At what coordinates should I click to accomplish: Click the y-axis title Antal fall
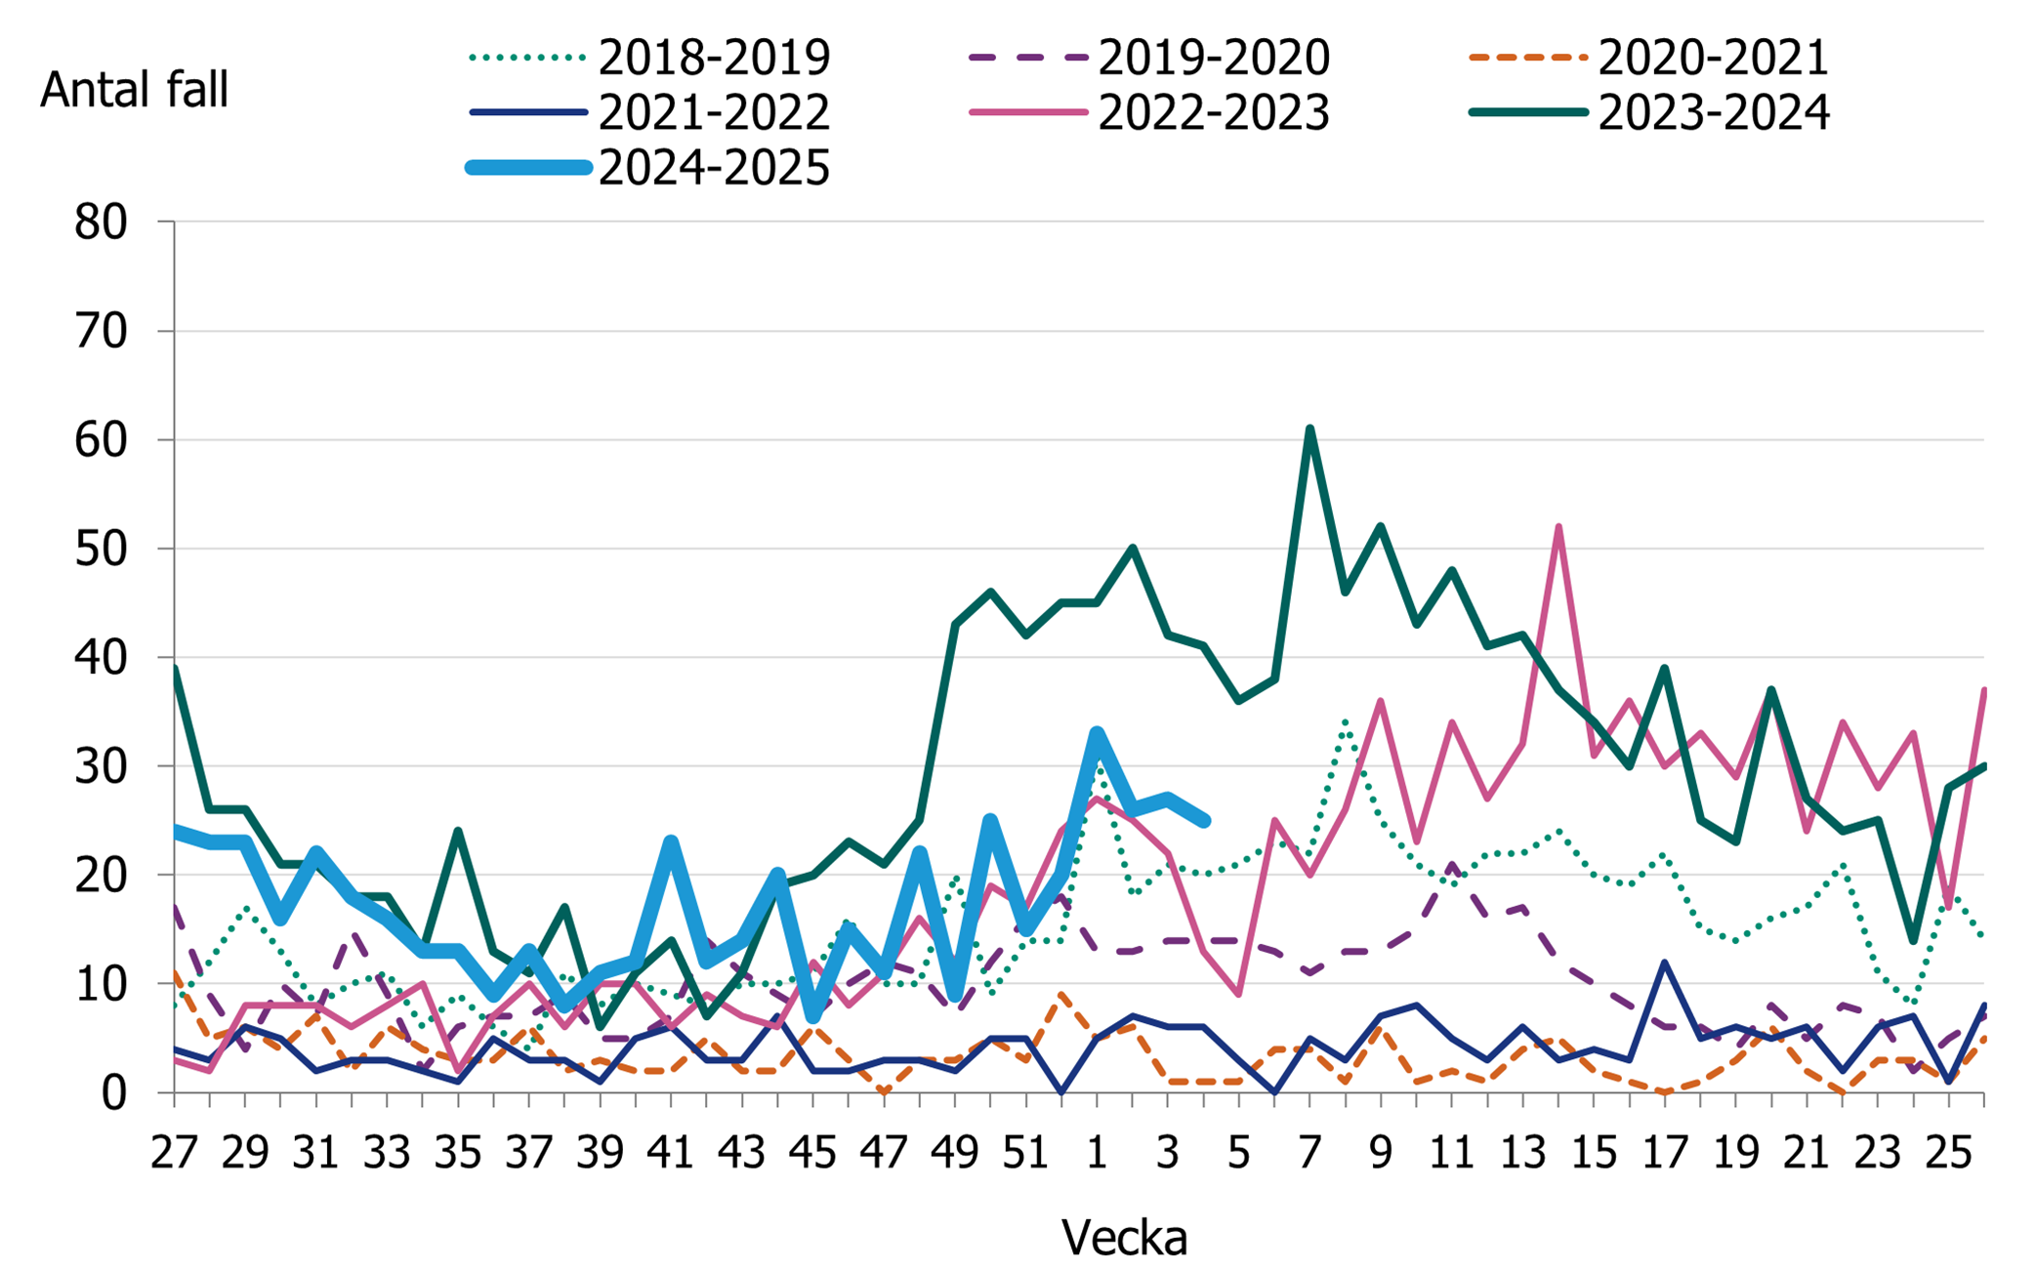tap(134, 91)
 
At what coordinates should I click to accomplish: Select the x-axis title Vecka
tap(1124, 1238)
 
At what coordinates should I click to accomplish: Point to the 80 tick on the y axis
tap(101, 223)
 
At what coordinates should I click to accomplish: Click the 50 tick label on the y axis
tap(101, 550)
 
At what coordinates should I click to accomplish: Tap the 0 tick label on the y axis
tap(114, 1093)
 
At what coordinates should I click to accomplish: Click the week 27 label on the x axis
tap(174, 1153)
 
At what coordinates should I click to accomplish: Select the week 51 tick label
tap(1025, 1153)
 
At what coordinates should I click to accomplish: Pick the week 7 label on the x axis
tap(1309, 1153)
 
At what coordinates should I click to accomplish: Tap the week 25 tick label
tap(1948, 1153)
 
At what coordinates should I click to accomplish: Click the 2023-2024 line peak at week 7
tap(1309, 429)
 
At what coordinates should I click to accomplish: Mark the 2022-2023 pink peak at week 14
tap(1558, 527)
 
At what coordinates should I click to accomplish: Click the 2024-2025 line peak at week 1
tap(1097, 733)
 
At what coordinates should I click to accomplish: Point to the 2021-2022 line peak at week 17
tap(1664, 963)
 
